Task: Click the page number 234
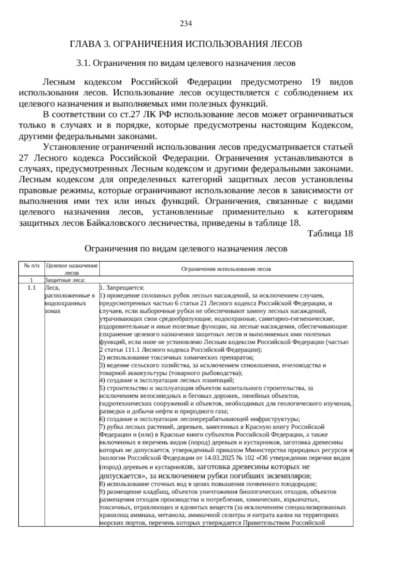[x=186, y=23]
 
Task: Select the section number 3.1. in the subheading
[x=83, y=63]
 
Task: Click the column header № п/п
[x=31, y=266]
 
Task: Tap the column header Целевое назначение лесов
[x=72, y=269]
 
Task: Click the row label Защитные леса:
[x=65, y=280]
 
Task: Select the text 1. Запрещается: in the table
[x=122, y=288]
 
